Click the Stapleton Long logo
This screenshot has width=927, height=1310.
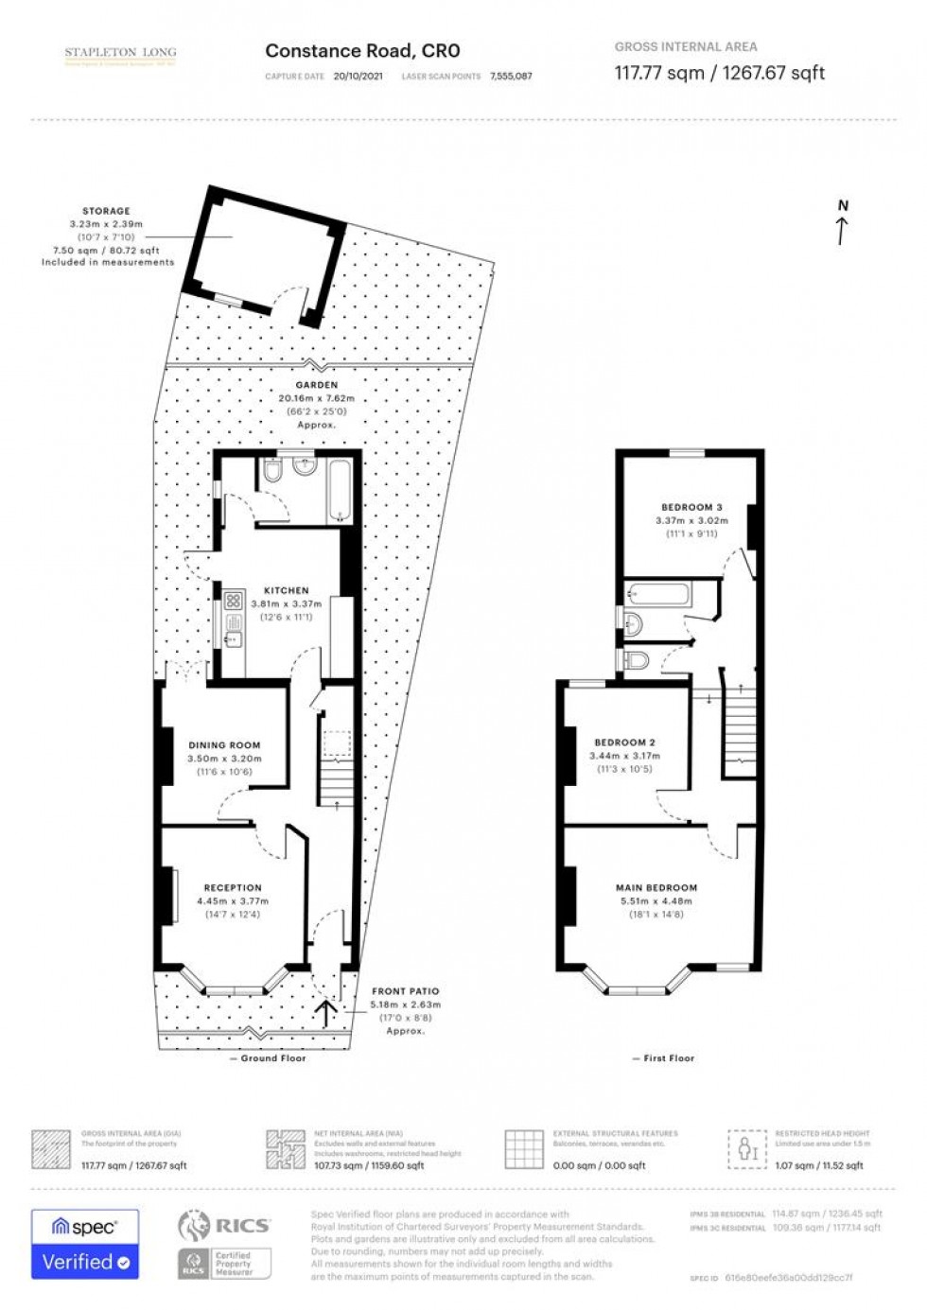[120, 56]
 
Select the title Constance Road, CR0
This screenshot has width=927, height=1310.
[362, 51]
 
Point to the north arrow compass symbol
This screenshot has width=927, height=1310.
[842, 222]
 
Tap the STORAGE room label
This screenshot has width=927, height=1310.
[106, 211]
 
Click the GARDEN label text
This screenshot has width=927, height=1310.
[316, 385]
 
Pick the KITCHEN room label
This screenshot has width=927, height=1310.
[286, 590]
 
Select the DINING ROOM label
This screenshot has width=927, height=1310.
[224, 745]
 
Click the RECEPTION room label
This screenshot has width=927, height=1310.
[233, 888]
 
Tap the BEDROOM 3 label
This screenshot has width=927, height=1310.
[691, 507]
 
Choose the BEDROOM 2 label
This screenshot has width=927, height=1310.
[624, 742]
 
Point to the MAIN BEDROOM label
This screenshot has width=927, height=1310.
[656, 888]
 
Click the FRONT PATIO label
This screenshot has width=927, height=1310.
[405, 991]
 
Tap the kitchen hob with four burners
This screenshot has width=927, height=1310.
[233, 600]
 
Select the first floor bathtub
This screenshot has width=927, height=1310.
[658, 594]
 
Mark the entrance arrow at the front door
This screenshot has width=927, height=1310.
[326, 1013]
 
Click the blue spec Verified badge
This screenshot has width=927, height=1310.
[85, 1244]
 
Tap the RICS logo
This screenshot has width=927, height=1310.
[224, 1226]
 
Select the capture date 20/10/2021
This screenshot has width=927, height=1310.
[359, 77]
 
